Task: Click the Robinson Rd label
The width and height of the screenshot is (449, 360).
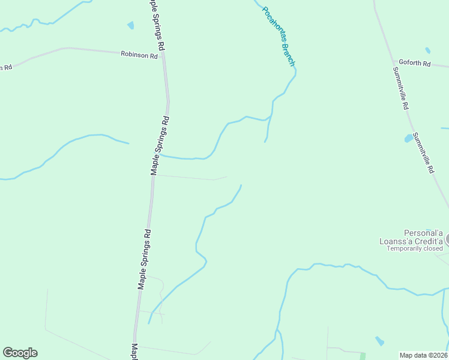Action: click(x=139, y=55)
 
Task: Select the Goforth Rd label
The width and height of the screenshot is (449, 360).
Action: click(x=414, y=63)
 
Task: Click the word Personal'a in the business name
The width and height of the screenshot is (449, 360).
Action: click(x=423, y=233)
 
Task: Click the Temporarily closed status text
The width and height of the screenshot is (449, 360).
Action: click(x=414, y=248)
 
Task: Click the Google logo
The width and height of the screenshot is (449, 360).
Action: click(x=20, y=353)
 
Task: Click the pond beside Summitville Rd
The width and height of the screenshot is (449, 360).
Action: click(x=409, y=139)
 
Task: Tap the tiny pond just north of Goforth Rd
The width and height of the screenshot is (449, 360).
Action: click(x=427, y=50)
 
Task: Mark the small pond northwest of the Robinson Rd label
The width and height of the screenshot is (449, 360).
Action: click(x=130, y=25)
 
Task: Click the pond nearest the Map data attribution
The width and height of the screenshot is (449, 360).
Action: click(x=379, y=341)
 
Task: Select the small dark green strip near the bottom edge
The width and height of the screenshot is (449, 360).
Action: click(x=362, y=356)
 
